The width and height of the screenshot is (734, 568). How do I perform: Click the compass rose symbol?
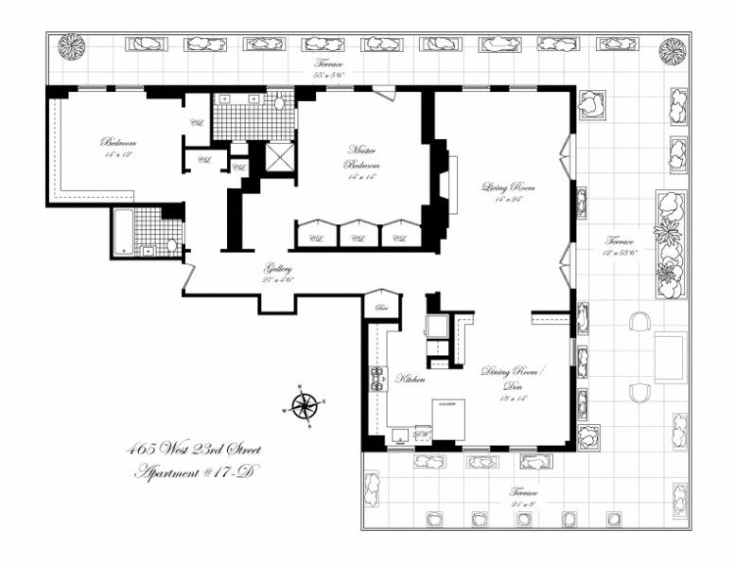click(304, 406)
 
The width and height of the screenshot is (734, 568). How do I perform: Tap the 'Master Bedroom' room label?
click(360, 156)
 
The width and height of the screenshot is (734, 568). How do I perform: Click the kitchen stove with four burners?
click(378, 379)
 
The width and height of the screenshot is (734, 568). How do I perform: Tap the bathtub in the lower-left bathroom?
click(122, 232)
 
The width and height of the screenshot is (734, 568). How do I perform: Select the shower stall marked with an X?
click(279, 157)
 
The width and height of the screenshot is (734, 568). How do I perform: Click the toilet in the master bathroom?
click(279, 103)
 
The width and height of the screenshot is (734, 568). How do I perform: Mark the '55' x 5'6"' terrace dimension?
click(329, 74)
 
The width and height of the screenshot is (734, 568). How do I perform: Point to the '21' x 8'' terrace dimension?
click(524, 505)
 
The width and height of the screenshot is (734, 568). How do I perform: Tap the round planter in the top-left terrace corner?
click(71, 46)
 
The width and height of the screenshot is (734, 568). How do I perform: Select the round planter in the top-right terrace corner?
click(672, 51)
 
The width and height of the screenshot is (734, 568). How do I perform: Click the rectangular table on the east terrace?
click(670, 357)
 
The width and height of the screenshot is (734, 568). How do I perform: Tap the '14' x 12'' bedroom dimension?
click(117, 153)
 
